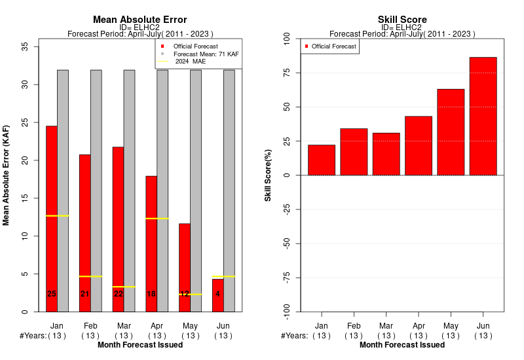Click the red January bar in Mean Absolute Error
click(x=52, y=219)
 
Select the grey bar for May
click(x=196, y=191)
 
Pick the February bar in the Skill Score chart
click(x=354, y=152)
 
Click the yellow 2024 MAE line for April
click(x=157, y=219)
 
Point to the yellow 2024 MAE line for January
click(x=58, y=216)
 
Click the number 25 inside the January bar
click(x=52, y=294)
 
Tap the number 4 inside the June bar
click(x=217, y=294)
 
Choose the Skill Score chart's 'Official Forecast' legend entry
click(x=331, y=46)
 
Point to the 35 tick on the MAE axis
click(x=25, y=46)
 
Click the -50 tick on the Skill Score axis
click(x=287, y=243)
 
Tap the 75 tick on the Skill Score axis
click(x=287, y=73)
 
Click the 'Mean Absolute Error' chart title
click(x=140, y=20)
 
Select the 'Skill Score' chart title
click(x=402, y=20)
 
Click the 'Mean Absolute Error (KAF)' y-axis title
click(x=6, y=175)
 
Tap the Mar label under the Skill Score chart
click(x=386, y=325)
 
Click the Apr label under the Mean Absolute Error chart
click(x=157, y=326)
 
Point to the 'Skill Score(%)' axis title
click(x=268, y=175)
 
